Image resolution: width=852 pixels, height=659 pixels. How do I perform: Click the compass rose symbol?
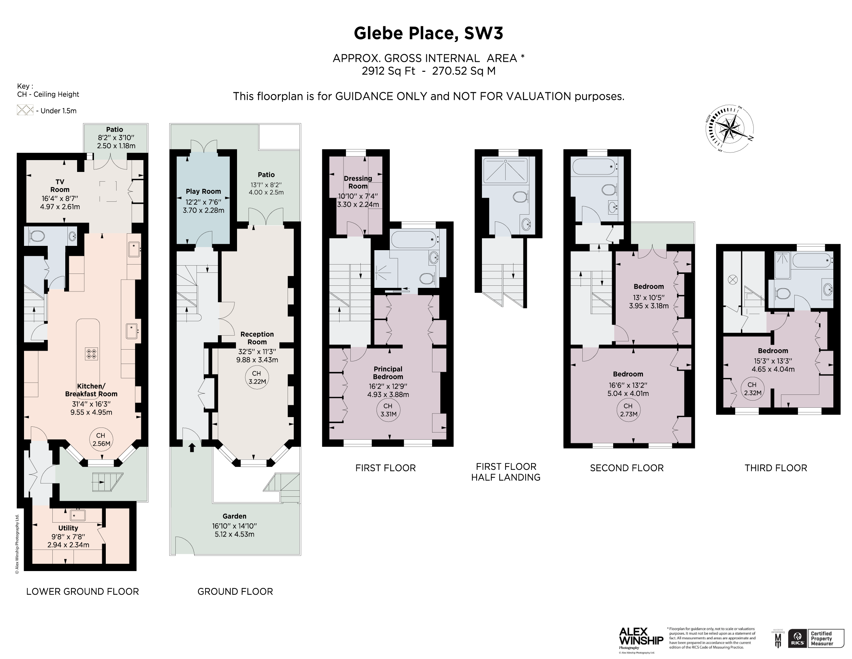coord(729,129)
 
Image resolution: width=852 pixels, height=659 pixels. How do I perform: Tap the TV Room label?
coord(60,186)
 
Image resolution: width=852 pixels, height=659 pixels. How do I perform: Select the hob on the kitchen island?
coord(91,354)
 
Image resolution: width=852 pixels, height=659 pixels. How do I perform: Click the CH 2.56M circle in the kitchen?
coord(101,439)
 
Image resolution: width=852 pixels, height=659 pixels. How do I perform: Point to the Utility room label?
coord(68,528)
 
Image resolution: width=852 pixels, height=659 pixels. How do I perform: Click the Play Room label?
coord(203,191)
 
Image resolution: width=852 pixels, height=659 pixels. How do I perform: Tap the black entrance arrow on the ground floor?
coord(192,447)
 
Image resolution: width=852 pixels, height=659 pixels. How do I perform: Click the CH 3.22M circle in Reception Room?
coord(257,377)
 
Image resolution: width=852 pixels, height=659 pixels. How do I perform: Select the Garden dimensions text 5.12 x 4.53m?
coord(235,534)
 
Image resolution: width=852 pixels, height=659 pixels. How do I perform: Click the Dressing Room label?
coord(358,182)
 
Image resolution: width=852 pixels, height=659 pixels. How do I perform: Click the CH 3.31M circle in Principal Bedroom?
coord(388,410)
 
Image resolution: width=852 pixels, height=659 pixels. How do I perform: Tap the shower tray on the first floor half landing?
coord(506,171)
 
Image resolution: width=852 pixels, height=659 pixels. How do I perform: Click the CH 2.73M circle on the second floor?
coord(628,410)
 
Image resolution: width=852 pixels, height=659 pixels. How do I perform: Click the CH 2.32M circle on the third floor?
coord(752,388)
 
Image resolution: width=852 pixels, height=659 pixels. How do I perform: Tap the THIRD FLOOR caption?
coord(776,468)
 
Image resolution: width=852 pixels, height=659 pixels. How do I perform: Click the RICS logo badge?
coord(798,638)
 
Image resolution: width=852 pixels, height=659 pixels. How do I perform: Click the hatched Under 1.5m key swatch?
coord(25,110)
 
